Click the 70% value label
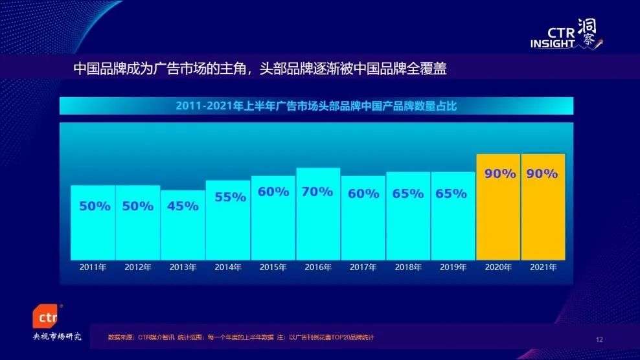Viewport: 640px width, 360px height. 318,192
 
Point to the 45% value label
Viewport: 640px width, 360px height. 183,207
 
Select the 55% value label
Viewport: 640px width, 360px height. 228,197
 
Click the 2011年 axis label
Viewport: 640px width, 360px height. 93,267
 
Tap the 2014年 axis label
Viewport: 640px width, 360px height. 228,267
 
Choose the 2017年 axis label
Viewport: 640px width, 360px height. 363,267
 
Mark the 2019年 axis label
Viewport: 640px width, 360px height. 453,267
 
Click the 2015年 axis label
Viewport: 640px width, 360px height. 273,267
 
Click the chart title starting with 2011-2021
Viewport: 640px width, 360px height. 316,106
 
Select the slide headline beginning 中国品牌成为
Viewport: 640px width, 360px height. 259,69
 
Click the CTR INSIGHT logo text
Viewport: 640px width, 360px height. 553,38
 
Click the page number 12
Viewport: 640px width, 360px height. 599,339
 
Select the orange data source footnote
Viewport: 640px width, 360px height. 241,337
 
